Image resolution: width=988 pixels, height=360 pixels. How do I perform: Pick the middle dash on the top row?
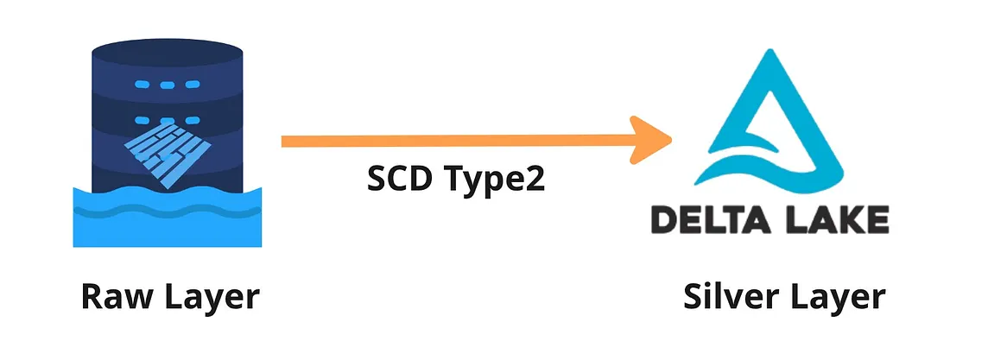167,86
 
